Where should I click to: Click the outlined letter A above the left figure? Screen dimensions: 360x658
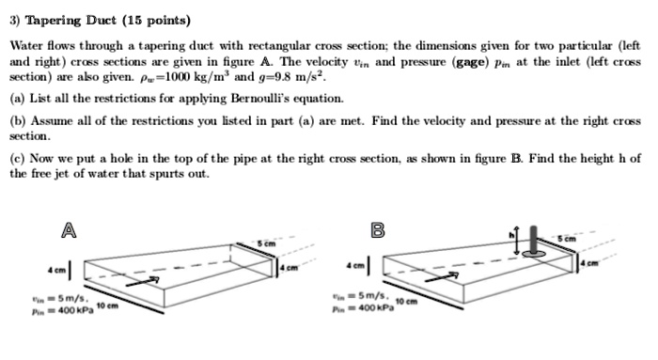(x=67, y=228)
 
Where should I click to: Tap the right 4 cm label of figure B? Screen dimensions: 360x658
(x=618, y=260)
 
